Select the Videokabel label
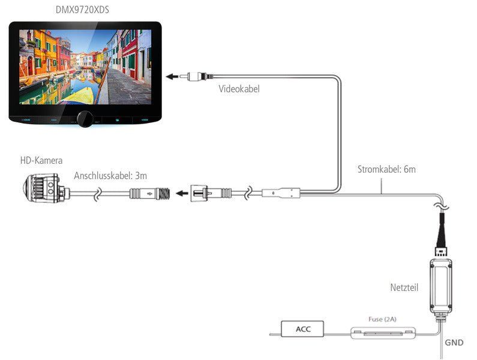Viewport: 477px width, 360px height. click(239, 89)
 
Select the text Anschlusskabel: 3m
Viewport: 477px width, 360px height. click(110, 176)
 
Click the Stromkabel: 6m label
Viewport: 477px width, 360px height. click(386, 169)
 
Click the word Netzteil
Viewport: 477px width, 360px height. click(404, 287)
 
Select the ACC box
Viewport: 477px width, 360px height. click(302, 328)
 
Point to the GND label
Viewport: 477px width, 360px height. click(454, 343)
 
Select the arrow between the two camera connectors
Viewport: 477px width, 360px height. click(178, 194)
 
